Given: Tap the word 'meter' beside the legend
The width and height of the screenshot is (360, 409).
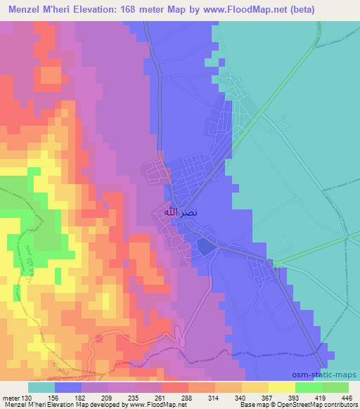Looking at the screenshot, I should click(x=9, y=397).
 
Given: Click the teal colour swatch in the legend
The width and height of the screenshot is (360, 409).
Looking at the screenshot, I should click(x=41, y=387).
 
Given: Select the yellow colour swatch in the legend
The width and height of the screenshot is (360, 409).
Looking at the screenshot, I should click(x=281, y=387).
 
